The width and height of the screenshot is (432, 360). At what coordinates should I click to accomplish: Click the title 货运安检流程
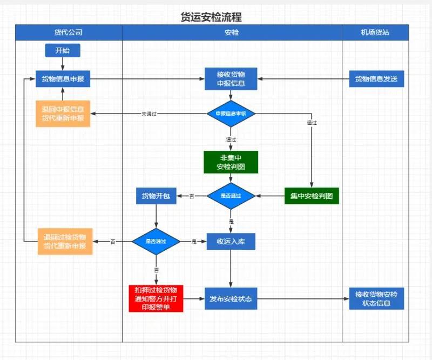click(x=211, y=17)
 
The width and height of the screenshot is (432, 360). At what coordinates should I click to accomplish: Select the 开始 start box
click(x=63, y=51)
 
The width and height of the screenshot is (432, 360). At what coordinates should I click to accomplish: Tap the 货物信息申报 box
click(x=63, y=79)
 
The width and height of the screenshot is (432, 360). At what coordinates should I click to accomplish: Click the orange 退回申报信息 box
click(x=63, y=114)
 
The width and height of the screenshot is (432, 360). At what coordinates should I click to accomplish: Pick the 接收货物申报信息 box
click(x=231, y=79)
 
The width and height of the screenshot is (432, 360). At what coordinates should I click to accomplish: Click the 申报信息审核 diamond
click(x=231, y=114)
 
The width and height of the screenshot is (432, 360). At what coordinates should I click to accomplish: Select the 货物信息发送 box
click(x=376, y=79)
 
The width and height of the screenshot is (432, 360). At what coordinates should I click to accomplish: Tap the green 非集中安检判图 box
click(x=231, y=162)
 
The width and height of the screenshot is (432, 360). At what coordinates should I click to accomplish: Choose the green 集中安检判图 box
click(x=312, y=196)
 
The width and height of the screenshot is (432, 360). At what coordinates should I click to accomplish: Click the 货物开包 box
click(x=156, y=196)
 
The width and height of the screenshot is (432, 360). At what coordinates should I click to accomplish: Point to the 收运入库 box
click(x=231, y=241)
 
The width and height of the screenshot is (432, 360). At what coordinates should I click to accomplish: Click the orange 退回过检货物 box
click(x=65, y=241)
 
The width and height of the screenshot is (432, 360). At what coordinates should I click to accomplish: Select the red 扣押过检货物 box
click(x=156, y=298)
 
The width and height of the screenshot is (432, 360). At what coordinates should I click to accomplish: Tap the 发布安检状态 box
click(x=231, y=298)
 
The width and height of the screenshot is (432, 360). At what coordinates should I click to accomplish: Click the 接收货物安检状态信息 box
click(x=376, y=298)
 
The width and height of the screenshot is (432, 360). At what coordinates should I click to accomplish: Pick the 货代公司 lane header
click(x=69, y=32)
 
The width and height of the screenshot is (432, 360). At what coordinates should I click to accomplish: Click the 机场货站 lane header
click(x=375, y=32)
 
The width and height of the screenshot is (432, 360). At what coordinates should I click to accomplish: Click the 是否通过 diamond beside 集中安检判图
click(x=231, y=196)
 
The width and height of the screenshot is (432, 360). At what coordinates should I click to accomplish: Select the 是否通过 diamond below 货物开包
click(x=156, y=241)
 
